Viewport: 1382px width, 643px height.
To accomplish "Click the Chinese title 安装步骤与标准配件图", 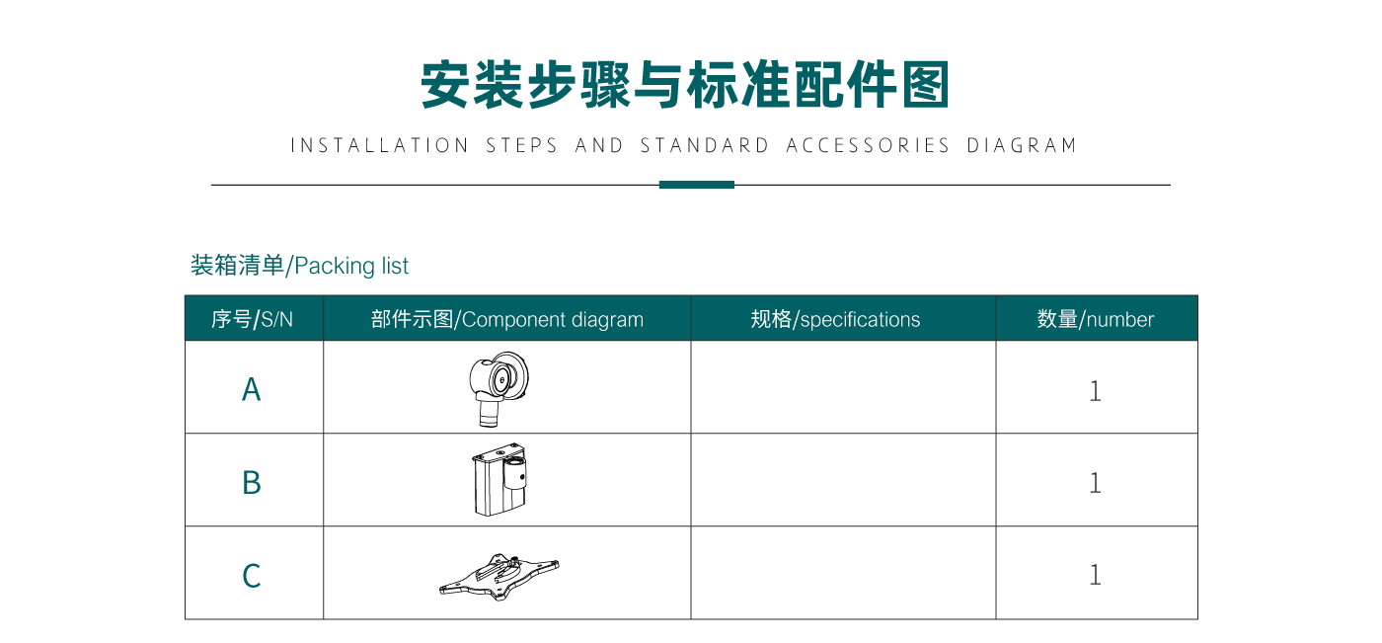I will click(x=684, y=85).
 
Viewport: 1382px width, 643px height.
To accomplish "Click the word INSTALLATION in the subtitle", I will click(x=380, y=146).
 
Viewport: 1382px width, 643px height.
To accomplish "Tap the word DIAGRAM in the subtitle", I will click(x=1022, y=146).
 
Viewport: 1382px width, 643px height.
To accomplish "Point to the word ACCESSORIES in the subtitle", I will click(x=868, y=146).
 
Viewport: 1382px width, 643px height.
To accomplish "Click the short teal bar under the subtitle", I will click(x=696, y=185).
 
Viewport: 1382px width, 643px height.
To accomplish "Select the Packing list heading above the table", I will click(x=299, y=266).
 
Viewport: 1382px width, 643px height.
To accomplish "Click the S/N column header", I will click(x=253, y=319).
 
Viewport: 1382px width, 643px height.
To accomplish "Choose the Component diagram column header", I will click(x=506, y=319).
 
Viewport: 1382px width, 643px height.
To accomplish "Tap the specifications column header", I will click(x=835, y=319).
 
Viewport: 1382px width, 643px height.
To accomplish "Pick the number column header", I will click(x=1095, y=319).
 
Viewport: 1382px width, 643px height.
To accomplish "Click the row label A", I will click(x=252, y=389).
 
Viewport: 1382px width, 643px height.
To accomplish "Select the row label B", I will click(x=252, y=482).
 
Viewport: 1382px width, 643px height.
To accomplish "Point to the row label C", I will click(x=252, y=575).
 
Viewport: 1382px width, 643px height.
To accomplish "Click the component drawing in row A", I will click(x=501, y=386).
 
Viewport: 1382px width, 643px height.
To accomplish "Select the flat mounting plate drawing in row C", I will click(x=499, y=575).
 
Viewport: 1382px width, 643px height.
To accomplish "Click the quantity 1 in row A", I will click(x=1095, y=390).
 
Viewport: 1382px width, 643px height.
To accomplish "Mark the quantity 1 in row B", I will click(x=1095, y=482).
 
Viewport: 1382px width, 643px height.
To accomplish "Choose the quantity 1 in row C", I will click(x=1095, y=575).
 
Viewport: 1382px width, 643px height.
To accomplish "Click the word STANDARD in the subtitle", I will click(x=705, y=146).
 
